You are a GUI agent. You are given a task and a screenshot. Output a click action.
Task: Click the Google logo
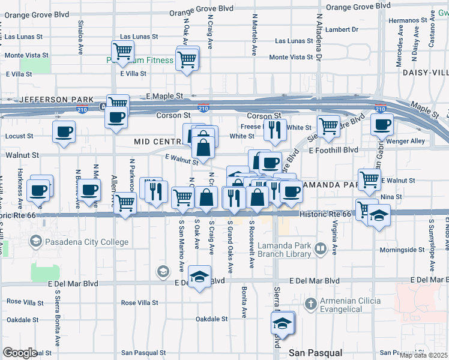pyautogui.click(x=20, y=353)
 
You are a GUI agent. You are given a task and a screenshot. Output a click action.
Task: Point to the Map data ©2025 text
pyautogui.click(x=423, y=355)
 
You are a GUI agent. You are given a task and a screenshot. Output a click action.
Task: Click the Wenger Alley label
pyautogui.click(x=410, y=142)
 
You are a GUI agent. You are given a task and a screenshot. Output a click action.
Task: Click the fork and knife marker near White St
pyautogui.click(x=275, y=130)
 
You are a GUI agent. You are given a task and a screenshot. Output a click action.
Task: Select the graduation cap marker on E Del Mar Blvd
pyautogui.click(x=200, y=277)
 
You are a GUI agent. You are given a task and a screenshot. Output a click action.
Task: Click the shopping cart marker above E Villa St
pyautogui.click(x=122, y=52)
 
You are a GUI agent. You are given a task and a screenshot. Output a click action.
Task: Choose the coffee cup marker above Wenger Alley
pyautogui.click(x=382, y=125)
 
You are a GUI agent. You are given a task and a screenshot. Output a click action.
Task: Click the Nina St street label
pyautogui.click(x=391, y=197)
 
